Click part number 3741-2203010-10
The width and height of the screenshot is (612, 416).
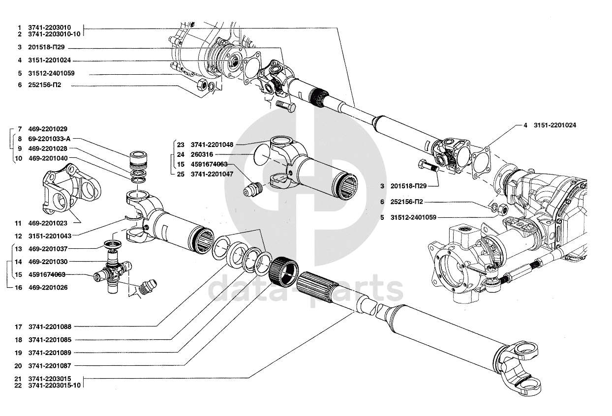54,34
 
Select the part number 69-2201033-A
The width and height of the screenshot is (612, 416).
49,139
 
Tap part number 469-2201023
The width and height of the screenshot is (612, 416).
48,223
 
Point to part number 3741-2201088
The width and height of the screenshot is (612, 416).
50,327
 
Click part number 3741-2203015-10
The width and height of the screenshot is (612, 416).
55,386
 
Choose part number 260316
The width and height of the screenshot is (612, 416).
202,154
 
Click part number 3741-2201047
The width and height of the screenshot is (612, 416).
212,174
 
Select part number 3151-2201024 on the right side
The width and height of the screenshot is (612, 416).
555,125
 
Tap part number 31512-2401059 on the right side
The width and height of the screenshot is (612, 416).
413,217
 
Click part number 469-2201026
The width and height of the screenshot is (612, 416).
48,287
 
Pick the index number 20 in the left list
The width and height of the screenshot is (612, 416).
18,366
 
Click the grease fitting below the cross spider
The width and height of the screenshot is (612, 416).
148,287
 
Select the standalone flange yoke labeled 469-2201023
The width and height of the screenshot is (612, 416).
72,189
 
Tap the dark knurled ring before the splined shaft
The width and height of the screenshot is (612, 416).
283,269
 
